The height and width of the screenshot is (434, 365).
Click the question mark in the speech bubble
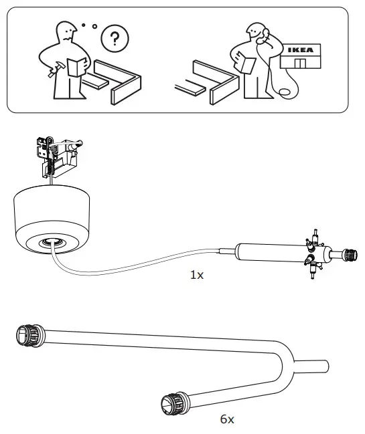116,39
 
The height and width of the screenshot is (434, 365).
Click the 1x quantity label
196,274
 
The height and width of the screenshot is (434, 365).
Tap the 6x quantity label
227,419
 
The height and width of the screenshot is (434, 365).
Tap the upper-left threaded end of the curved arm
25,334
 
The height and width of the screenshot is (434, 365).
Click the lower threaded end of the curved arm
170,403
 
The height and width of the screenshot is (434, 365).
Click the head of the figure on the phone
254,31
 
